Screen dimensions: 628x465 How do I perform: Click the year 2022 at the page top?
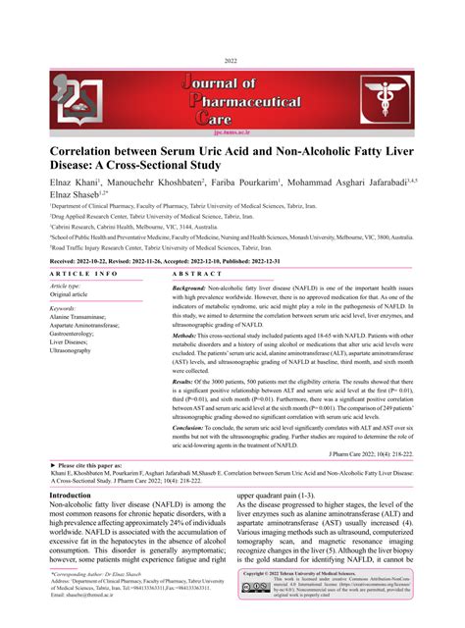[232, 60]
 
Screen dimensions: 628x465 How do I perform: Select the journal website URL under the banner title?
[232, 128]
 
